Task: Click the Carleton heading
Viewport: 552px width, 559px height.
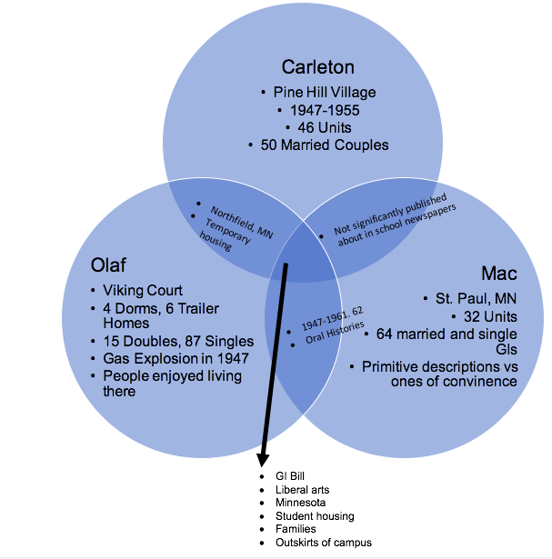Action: pyautogui.click(x=317, y=66)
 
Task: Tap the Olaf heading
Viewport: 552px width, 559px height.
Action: pyautogui.click(x=110, y=265)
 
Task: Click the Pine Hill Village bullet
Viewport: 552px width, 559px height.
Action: pyautogui.click(x=324, y=92)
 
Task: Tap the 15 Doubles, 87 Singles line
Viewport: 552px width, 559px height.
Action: pyautogui.click(x=178, y=341)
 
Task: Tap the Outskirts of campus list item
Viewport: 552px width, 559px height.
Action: pyautogui.click(x=323, y=543)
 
